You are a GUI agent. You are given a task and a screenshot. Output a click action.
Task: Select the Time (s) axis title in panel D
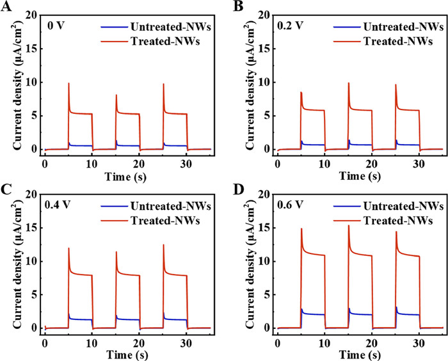pos(360,351)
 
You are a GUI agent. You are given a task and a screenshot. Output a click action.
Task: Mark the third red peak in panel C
pos(164,245)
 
